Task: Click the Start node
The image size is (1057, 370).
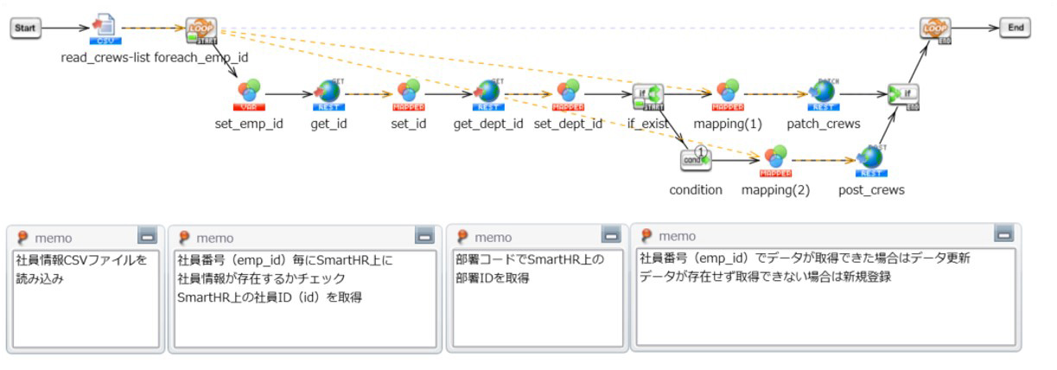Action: point(26,29)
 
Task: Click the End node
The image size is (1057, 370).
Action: point(1015,28)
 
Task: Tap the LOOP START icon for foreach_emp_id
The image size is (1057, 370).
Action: point(201,29)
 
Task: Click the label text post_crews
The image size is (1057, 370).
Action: point(871,190)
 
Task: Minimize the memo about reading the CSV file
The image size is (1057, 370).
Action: point(147,236)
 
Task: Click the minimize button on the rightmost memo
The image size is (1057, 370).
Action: point(1003,233)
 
